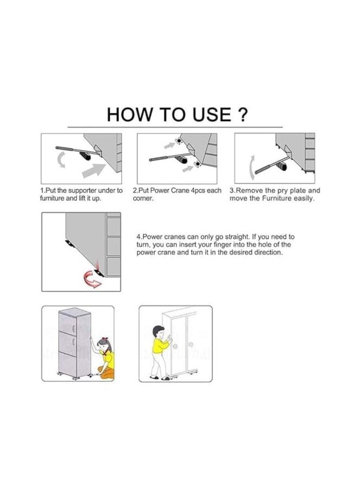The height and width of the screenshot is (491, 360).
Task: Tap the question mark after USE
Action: [x=243, y=115]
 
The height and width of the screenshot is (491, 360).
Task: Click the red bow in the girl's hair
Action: [x=101, y=341]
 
